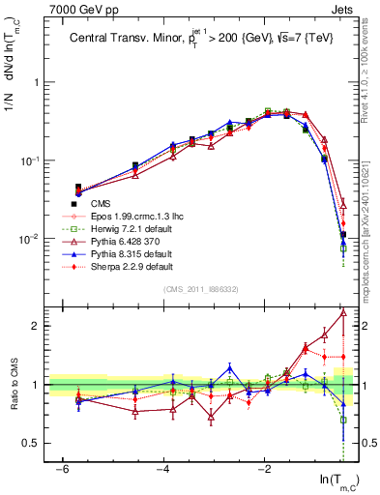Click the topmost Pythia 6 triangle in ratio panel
pyautogui.click(x=343, y=312)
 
